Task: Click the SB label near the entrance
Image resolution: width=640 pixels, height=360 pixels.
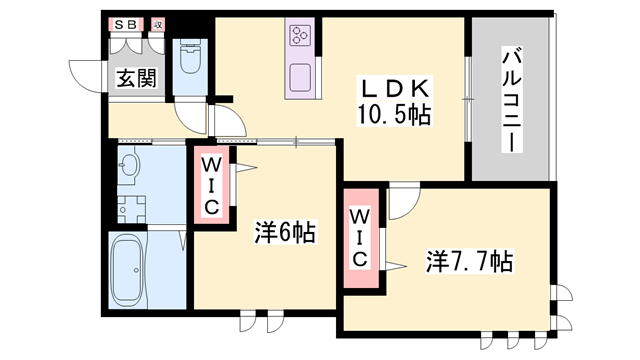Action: click(x=125, y=23)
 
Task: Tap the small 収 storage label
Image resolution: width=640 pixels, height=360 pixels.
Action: click(x=157, y=23)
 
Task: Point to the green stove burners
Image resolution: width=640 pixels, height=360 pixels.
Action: click(x=300, y=37)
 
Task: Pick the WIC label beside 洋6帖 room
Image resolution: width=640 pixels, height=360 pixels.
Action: click(x=212, y=185)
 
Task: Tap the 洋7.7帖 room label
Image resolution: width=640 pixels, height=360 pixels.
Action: click(x=470, y=262)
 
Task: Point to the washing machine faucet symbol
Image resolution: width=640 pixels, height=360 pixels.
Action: click(x=128, y=208)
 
